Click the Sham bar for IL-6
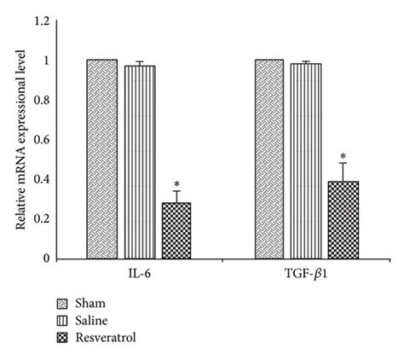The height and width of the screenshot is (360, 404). click(x=101, y=159)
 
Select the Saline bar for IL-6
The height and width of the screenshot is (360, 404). click(x=140, y=162)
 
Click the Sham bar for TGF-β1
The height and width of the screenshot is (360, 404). click(x=269, y=159)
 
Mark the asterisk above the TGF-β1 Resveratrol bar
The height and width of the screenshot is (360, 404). click(x=343, y=156)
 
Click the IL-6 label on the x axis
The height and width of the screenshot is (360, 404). click(x=139, y=276)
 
